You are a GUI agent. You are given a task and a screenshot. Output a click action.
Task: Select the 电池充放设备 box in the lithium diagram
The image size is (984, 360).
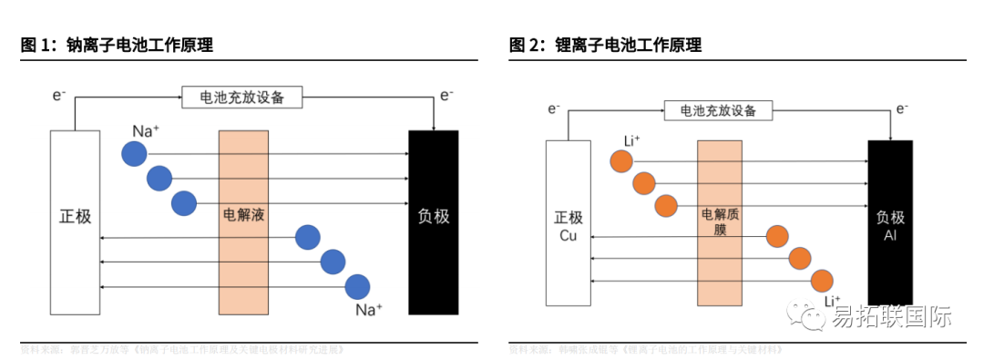point(718,110)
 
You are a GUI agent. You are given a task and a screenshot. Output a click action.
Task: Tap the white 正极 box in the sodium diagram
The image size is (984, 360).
point(75,221)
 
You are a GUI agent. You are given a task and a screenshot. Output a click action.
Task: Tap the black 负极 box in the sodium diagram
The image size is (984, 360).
point(433,221)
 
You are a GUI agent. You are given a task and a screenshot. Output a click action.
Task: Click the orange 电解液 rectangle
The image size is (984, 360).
point(243,221)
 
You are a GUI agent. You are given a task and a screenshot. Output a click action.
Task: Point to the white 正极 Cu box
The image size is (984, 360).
point(568,222)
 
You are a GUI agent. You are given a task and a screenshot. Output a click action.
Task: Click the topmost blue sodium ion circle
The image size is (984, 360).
point(135,154)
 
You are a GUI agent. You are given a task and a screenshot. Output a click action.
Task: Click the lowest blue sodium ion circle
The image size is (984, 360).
point(357,287)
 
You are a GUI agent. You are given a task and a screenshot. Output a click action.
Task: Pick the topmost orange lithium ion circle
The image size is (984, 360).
point(622,161)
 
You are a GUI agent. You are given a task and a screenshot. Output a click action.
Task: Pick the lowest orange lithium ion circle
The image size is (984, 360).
point(822,280)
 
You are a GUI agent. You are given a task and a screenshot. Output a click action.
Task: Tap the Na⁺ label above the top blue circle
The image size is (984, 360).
point(146,131)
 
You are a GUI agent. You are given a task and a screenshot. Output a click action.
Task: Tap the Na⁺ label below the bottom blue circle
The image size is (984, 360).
point(369,311)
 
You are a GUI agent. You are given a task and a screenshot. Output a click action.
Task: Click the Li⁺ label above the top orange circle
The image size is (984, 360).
point(631,140)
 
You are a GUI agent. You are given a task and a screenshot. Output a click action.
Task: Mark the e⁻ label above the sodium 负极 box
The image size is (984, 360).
point(446,95)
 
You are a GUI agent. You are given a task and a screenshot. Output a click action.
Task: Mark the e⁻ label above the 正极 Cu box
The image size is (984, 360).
point(554,109)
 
